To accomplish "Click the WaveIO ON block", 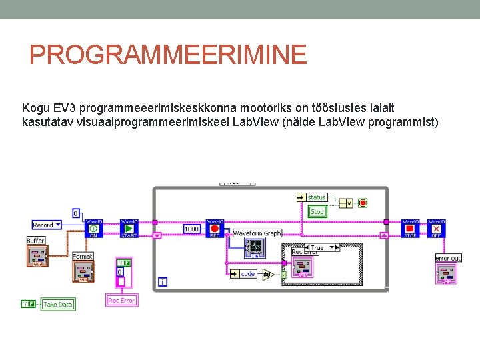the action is click(93, 229).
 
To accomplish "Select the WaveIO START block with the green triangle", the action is click(129, 229).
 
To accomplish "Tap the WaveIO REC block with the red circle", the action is click(215, 229).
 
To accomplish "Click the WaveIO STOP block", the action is click(410, 229).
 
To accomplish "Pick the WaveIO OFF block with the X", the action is click(437, 229).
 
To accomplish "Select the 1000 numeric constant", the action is click(191, 229).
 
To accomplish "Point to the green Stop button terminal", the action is click(317, 212).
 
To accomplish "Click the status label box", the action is click(317, 197).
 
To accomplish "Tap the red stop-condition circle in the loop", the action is click(363, 203).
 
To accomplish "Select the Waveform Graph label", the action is click(257, 233).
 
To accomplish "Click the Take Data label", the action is click(57, 305).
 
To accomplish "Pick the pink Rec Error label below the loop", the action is click(121, 301).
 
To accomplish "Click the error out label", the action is click(448, 258).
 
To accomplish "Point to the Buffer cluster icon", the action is click(37, 255).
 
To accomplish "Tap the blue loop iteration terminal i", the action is click(163, 283).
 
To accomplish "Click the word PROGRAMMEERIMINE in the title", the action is click(168, 55).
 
